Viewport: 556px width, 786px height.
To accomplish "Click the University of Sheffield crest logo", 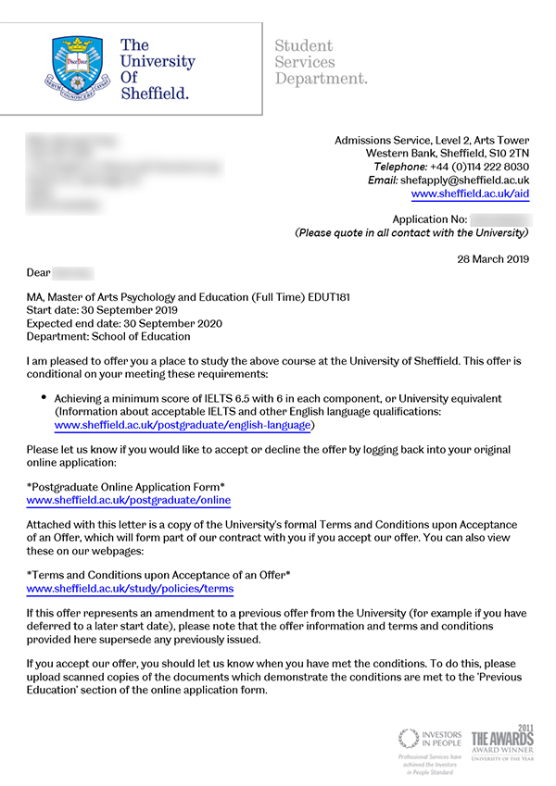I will point(81,67).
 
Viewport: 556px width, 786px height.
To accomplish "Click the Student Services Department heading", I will point(321,62).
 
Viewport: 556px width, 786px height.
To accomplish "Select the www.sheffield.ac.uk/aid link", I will point(470,194).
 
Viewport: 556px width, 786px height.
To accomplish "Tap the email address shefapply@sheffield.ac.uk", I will point(464,181).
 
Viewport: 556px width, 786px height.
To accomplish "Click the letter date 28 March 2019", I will point(493,258).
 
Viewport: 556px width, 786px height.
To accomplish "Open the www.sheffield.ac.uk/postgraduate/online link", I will point(128,500).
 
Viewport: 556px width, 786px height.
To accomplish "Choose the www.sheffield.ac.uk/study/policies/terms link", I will point(130,588).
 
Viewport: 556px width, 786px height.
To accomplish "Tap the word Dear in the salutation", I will point(38,273).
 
